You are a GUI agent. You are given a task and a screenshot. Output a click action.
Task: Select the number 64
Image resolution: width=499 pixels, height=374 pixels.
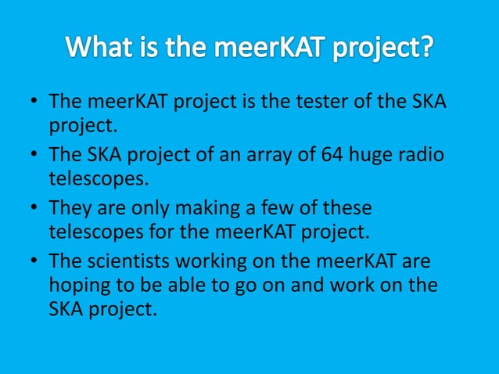coord(334,155)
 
